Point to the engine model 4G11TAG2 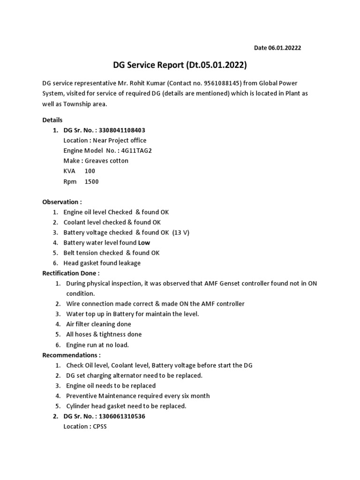point(136,150)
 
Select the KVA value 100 point(90,171)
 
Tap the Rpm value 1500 point(91,181)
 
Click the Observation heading point(62,202)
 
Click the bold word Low point(144,243)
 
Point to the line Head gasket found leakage point(102,263)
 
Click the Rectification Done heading point(71,273)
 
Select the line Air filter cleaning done point(98,324)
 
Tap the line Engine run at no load point(97,345)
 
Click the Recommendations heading point(71,355)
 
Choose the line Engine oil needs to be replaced point(111,385)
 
